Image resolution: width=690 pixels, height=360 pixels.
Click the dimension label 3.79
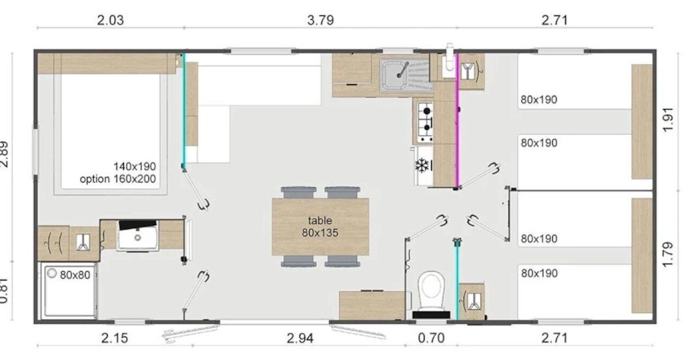coord(320,20)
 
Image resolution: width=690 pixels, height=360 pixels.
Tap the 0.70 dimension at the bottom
coord(431,338)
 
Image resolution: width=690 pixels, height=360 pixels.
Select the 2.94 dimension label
coord(300,338)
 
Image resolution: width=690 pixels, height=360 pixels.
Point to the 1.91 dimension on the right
coord(667,120)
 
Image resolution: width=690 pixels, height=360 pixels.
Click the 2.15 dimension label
coord(114,338)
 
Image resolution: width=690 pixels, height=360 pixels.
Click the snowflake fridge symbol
coord(422,165)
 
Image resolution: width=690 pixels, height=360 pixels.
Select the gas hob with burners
coord(425,122)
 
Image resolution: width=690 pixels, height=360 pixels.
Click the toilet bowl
coord(431,291)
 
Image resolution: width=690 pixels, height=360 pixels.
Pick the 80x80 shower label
coord(75,275)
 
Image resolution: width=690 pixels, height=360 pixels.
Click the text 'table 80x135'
coord(320,226)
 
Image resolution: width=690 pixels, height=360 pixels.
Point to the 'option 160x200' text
coord(118,179)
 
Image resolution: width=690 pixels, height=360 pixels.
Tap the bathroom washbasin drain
coord(137,238)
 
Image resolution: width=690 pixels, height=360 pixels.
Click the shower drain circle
coord(52,273)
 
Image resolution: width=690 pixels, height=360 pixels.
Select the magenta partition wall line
coord(458,120)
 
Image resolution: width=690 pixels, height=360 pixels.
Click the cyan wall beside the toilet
coord(457,280)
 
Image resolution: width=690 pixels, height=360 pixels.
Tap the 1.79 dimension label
coord(667,255)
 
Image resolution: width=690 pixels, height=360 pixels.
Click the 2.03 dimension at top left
coord(111,20)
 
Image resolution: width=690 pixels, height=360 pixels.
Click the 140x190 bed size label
coord(135,167)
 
